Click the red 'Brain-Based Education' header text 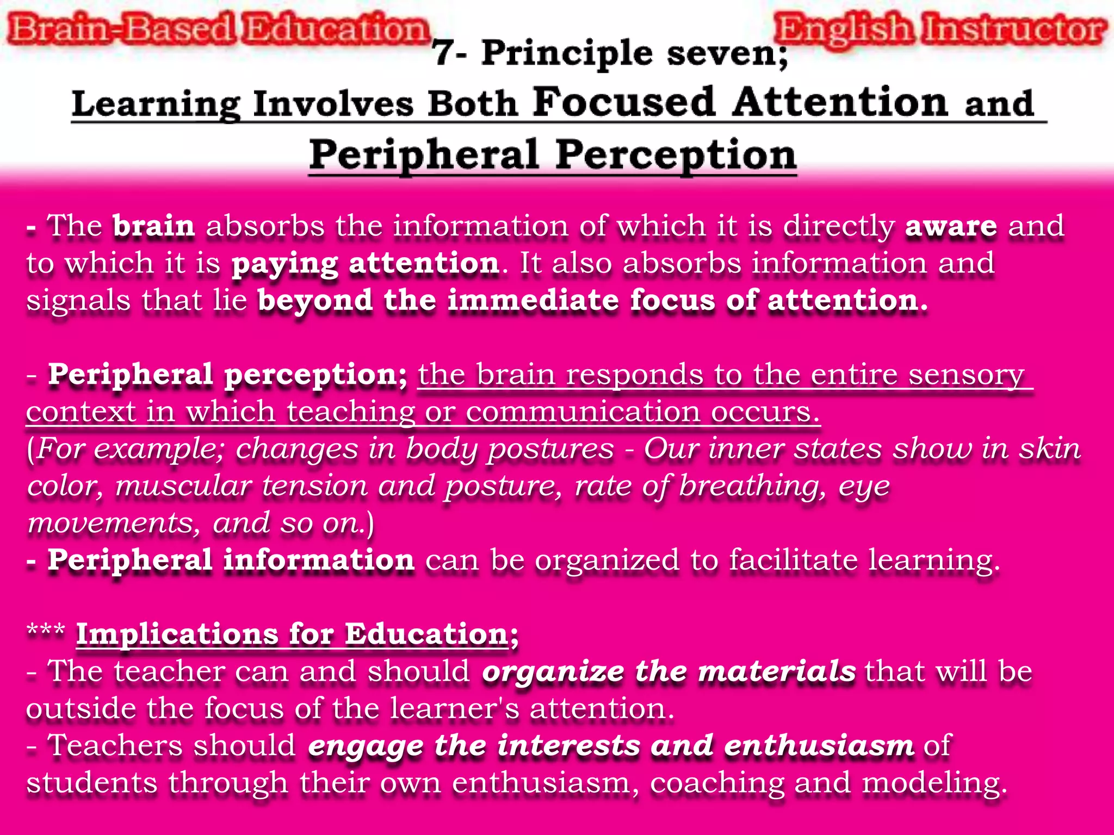pyautogui.click(x=218, y=29)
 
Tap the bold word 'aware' pyautogui.click(x=951, y=226)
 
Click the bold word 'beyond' pyautogui.click(x=315, y=301)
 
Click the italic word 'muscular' pyautogui.click(x=183, y=485)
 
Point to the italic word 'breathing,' pyautogui.click(x=753, y=485)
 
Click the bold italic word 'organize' pyautogui.click(x=553, y=672)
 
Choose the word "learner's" pyautogui.click(x=455, y=709)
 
